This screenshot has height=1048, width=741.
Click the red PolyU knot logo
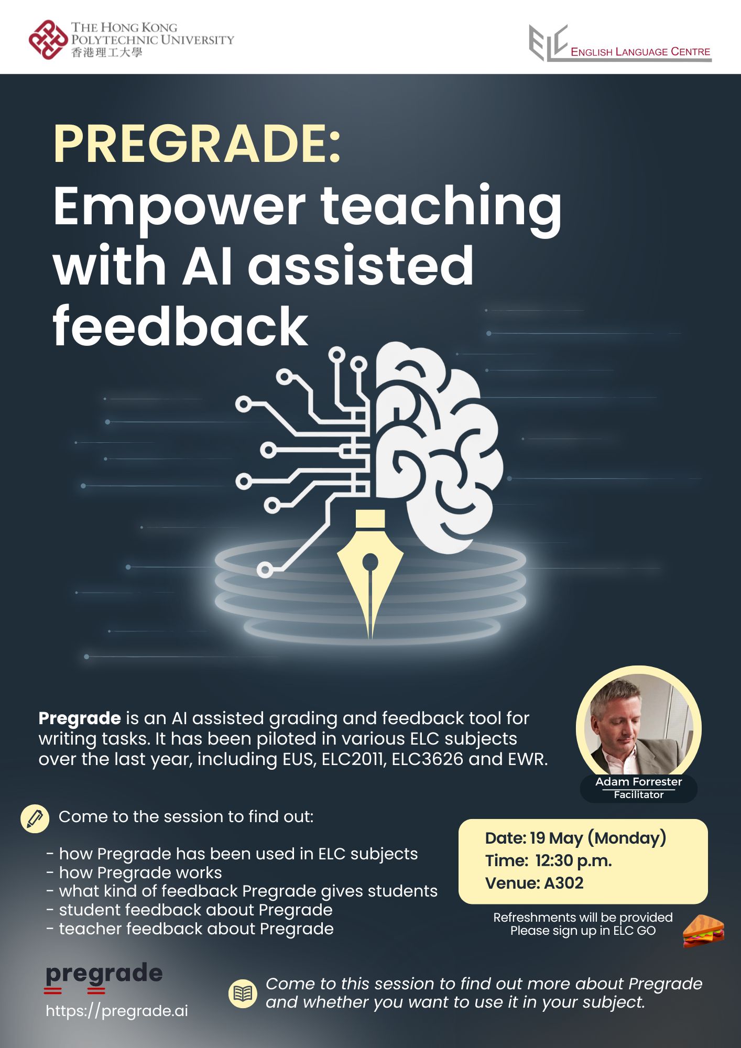pyautogui.click(x=48, y=39)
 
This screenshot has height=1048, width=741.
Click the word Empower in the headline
pyautogui.click(x=179, y=208)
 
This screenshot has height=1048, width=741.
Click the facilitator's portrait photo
pyautogui.click(x=638, y=726)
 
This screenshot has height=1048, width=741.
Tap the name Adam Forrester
pyautogui.click(x=638, y=781)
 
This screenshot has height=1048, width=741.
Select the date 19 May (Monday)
pyautogui.click(x=598, y=838)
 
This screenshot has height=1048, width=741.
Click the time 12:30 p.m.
pyautogui.click(x=574, y=860)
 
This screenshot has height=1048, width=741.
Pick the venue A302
pyautogui.click(x=564, y=883)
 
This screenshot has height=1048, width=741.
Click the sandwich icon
pyautogui.click(x=703, y=931)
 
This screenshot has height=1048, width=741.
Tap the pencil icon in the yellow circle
pyautogui.click(x=35, y=818)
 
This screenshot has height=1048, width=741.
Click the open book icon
pyautogui.click(x=243, y=993)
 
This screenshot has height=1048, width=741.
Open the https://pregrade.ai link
pyautogui.click(x=117, y=1011)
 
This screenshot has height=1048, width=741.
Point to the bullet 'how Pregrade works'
pyautogui.click(x=140, y=872)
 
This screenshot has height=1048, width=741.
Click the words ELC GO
pyautogui.click(x=634, y=931)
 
